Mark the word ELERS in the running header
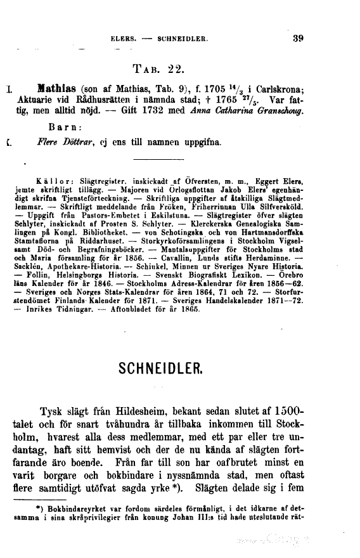tap(123, 38)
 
